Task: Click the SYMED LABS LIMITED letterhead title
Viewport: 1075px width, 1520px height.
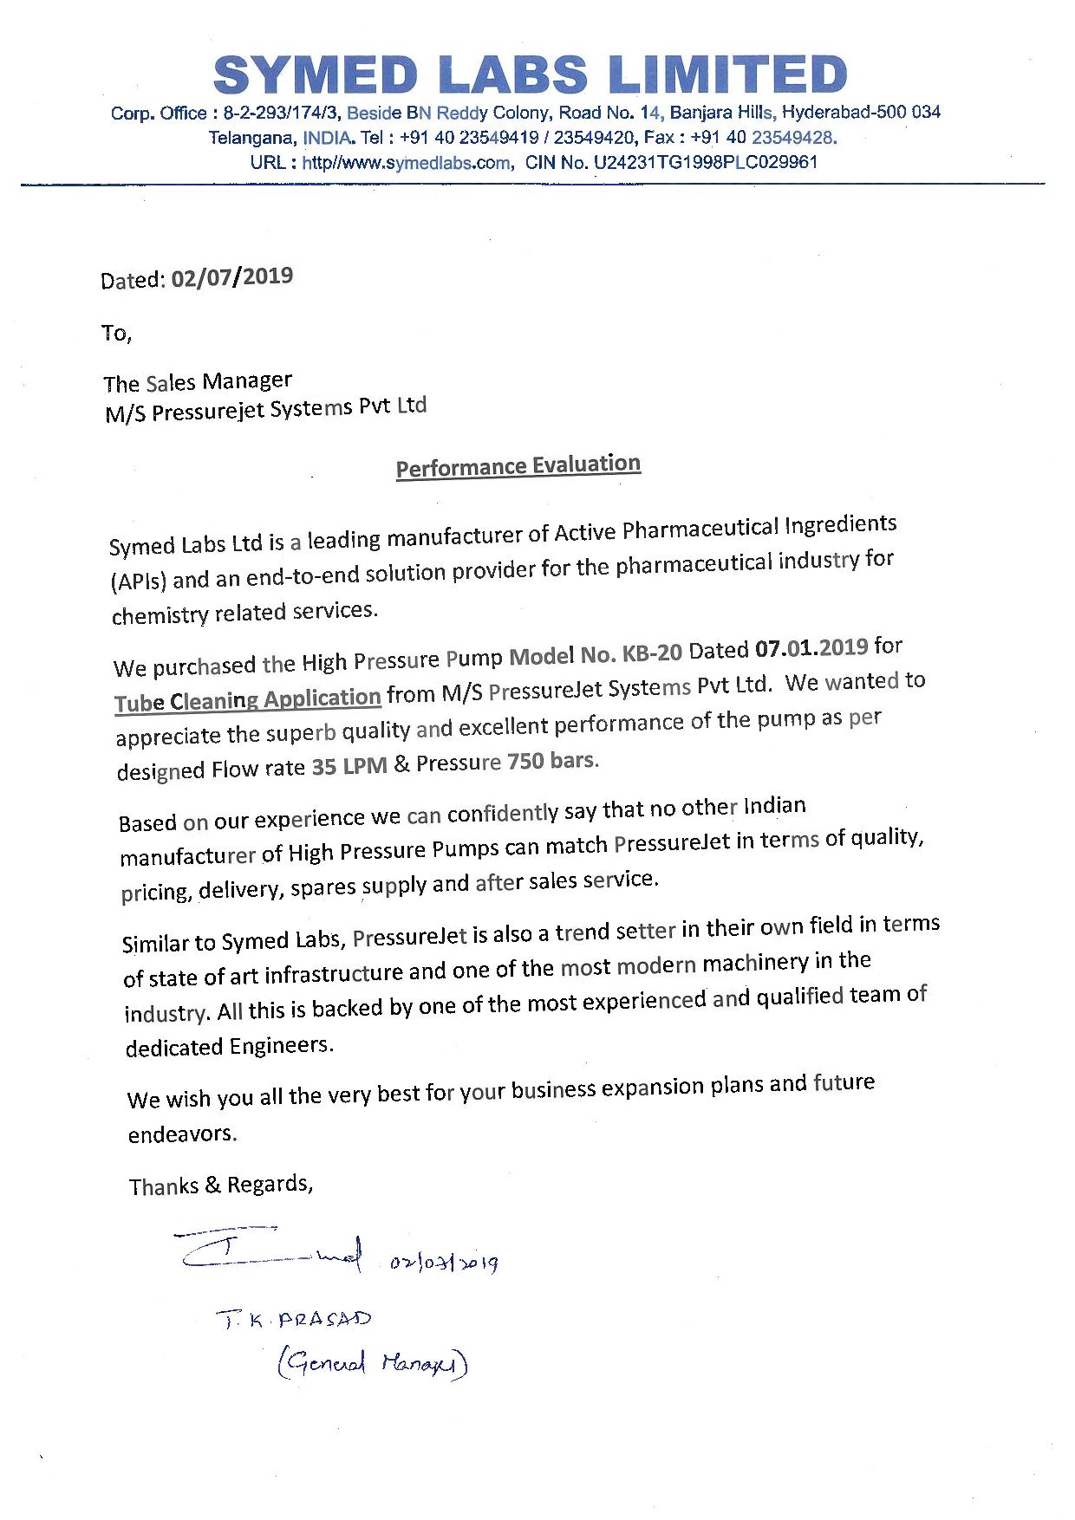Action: [530, 75]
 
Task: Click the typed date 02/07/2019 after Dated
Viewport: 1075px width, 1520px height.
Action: [232, 277]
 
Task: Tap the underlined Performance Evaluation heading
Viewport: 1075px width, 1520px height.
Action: [518, 466]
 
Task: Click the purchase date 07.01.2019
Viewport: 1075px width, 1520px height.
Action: [811, 647]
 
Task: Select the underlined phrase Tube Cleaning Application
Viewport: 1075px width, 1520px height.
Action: [248, 700]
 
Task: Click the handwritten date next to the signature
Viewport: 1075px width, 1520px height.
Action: [444, 1263]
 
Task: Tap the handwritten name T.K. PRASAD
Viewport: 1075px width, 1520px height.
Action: [294, 1320]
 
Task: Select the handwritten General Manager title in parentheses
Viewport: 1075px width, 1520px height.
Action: [372, 1364]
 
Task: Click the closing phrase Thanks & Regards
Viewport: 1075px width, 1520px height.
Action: [220, 1185]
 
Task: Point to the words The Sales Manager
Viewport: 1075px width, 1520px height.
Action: [198, 382]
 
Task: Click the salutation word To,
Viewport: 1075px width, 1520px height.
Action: [116, 334]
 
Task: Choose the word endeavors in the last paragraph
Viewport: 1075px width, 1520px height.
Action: [182, 1134]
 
